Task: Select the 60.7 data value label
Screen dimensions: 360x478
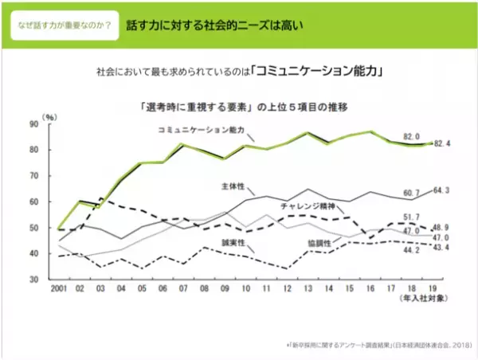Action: coord(412,193)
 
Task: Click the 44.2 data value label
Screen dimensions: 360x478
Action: coord(412,249)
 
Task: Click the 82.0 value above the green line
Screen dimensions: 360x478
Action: coord(412,136)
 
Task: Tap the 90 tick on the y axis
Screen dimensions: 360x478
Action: coord(33,124)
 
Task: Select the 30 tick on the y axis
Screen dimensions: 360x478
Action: coord(33,280)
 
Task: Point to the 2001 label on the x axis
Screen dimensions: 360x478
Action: coord(58,287)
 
